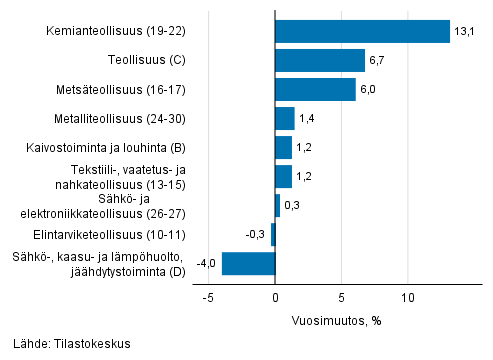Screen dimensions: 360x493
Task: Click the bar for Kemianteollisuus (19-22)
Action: (362, 32)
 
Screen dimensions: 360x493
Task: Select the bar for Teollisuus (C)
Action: (320, 61)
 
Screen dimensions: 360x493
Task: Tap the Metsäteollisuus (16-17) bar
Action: (315, 90)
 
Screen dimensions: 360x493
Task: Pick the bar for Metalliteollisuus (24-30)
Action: (284, 119)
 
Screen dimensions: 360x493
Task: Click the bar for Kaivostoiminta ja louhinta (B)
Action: (283, 148)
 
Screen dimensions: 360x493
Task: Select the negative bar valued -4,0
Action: (248, 264)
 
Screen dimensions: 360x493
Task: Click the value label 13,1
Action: (463, 32)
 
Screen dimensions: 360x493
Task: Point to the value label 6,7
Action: (378, 61)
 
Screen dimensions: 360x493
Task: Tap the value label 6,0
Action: (369, 90)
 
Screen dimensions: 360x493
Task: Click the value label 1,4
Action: (307, 119)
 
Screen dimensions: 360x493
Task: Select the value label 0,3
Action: (292, 206)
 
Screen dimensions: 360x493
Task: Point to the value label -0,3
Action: (255, 235)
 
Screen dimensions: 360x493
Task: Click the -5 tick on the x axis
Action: (208, 298)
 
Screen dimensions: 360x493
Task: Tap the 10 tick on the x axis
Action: (408, 298)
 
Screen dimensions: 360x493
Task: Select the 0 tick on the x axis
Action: (275, 298)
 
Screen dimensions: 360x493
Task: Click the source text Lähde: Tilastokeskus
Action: (72, 344)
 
